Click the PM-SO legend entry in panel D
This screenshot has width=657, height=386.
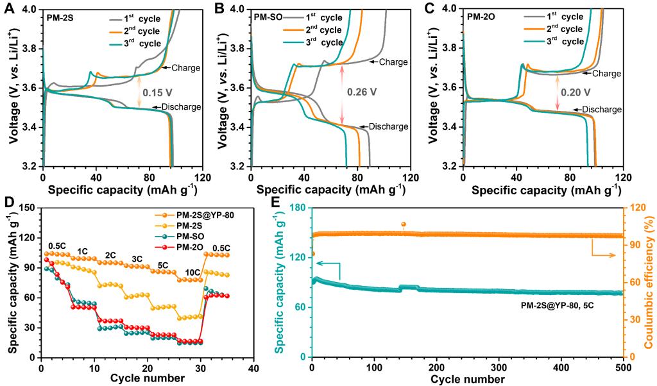click(191, 237)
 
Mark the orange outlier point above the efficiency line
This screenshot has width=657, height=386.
click(403, 224)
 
